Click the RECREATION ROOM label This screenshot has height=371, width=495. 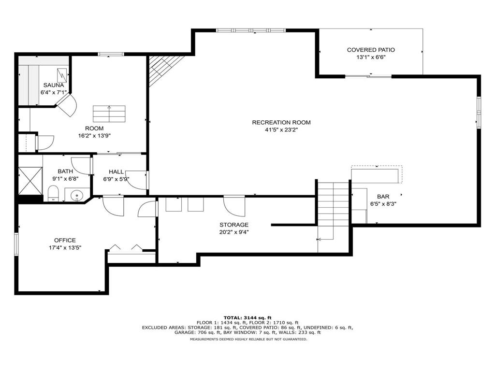point(281,122)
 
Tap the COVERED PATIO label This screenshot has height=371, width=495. point(371,50)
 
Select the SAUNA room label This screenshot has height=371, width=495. point(54,85)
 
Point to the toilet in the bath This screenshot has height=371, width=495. point(53,193)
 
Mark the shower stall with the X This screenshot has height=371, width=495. point(30,181)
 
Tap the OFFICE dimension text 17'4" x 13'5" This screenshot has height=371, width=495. point(65,248)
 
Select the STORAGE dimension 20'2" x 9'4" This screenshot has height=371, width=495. point(234,232)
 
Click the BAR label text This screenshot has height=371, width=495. point(383,197)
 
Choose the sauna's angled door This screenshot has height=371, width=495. point(67,105)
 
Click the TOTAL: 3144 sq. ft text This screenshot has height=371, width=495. point(247,318)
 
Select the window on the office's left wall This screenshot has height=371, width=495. point(16,244)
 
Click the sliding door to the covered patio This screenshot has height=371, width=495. point(368,76)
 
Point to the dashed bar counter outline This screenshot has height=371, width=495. point(377,174)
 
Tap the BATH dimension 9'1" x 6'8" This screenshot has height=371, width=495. point(65,179)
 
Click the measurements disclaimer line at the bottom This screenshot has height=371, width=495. point(248,340)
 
